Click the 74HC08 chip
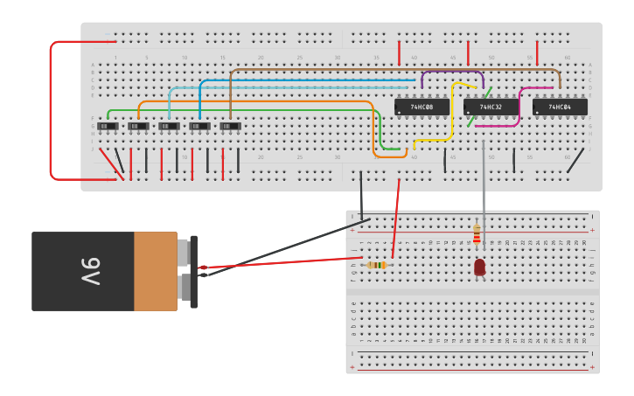point(422,107)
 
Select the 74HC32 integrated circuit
point(491,107)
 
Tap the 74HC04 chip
point(560,107)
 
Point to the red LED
point(480,267)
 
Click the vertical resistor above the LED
point(477,234)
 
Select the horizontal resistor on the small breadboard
point(377,265)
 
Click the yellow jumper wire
point(451,114)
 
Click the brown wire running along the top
point(394,68)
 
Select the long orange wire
point(262,101)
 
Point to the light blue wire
point(289,87)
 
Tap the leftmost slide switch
point(108,126)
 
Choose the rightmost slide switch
point(230,126)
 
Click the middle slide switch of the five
point(169,126)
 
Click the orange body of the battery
point(155,271)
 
